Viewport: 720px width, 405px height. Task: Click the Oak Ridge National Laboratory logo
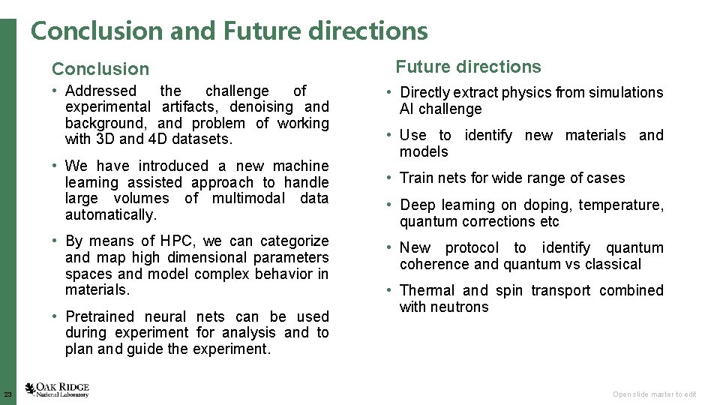coord(57,390)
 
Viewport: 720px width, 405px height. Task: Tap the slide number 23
coord(7,394)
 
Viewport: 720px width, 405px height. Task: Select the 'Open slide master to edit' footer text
coord(654,394)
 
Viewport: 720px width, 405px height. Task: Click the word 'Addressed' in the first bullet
coord(101,91)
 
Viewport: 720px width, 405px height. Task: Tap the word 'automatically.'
coord(111,215)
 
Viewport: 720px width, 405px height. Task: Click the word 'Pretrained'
coord(100,317)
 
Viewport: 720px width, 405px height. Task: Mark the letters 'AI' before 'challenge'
coord(406,109)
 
